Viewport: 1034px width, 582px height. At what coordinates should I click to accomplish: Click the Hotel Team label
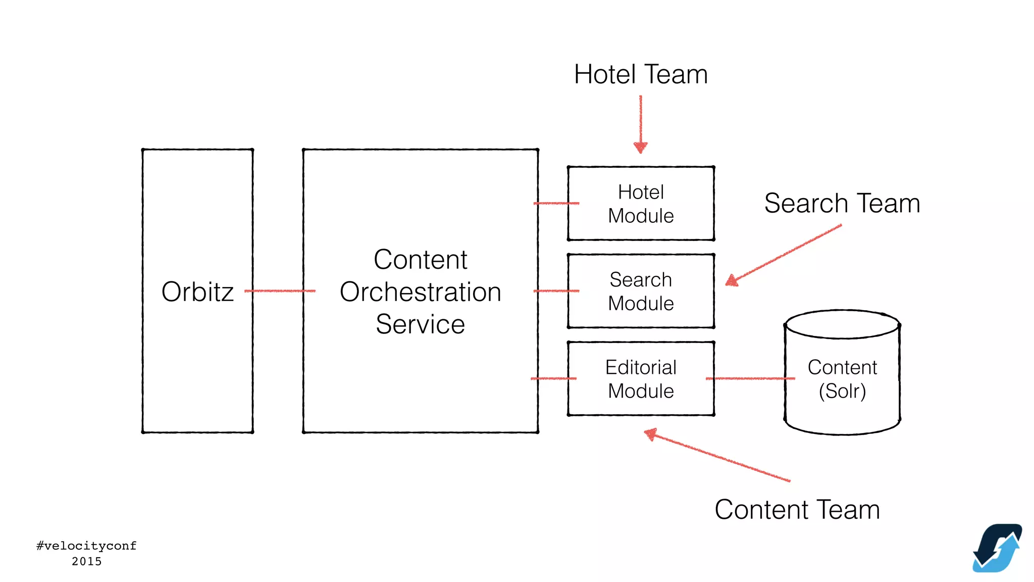pyautogui.click(x=641, y=75)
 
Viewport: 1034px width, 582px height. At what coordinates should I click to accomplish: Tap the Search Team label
pyautogui.click(x=842, y=204)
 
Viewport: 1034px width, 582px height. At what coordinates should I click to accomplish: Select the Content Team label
pyautogui.click(x=797, y=510)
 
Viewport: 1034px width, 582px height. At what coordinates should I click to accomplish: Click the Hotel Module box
pyautogui.click(x=641, y=204)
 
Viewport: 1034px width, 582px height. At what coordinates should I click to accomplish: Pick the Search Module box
pyautogui.click(x=641, y=292)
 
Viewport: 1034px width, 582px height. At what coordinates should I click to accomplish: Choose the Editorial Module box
pyautogui.click(x=641, y=379)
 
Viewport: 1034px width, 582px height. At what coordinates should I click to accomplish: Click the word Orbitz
pyautogui.click(x=197, y=292)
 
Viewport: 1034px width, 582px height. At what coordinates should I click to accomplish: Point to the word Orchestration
pyautogui.click(x=420, y=292)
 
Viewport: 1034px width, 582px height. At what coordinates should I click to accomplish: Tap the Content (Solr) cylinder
pyautogui.click(x=842, y=379)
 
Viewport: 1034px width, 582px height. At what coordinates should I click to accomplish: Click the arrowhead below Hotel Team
pyautogui.click(x=640, y=148)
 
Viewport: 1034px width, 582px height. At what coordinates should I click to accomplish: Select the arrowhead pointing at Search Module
pyautogui.click(x=731, y=281)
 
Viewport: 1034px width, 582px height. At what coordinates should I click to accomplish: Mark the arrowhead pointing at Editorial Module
pyautogui.click(x=651, y=433)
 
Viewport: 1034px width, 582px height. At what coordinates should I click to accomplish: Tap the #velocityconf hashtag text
pyautogui.click(x=86, y=546)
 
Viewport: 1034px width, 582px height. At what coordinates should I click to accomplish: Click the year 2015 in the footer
pyautogui.click(x=86, y=561)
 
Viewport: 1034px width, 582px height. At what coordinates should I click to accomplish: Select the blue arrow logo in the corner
pyautogui.click(x=997, y=548)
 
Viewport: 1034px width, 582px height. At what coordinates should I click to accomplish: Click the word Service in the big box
pyautogui.click(x=420, y=324)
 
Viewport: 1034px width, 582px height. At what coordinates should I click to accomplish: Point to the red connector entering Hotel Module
pyautogui.click(x=555, y=203)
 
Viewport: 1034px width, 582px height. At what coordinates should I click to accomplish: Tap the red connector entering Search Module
pyautogui.click(x=555, y=291)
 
